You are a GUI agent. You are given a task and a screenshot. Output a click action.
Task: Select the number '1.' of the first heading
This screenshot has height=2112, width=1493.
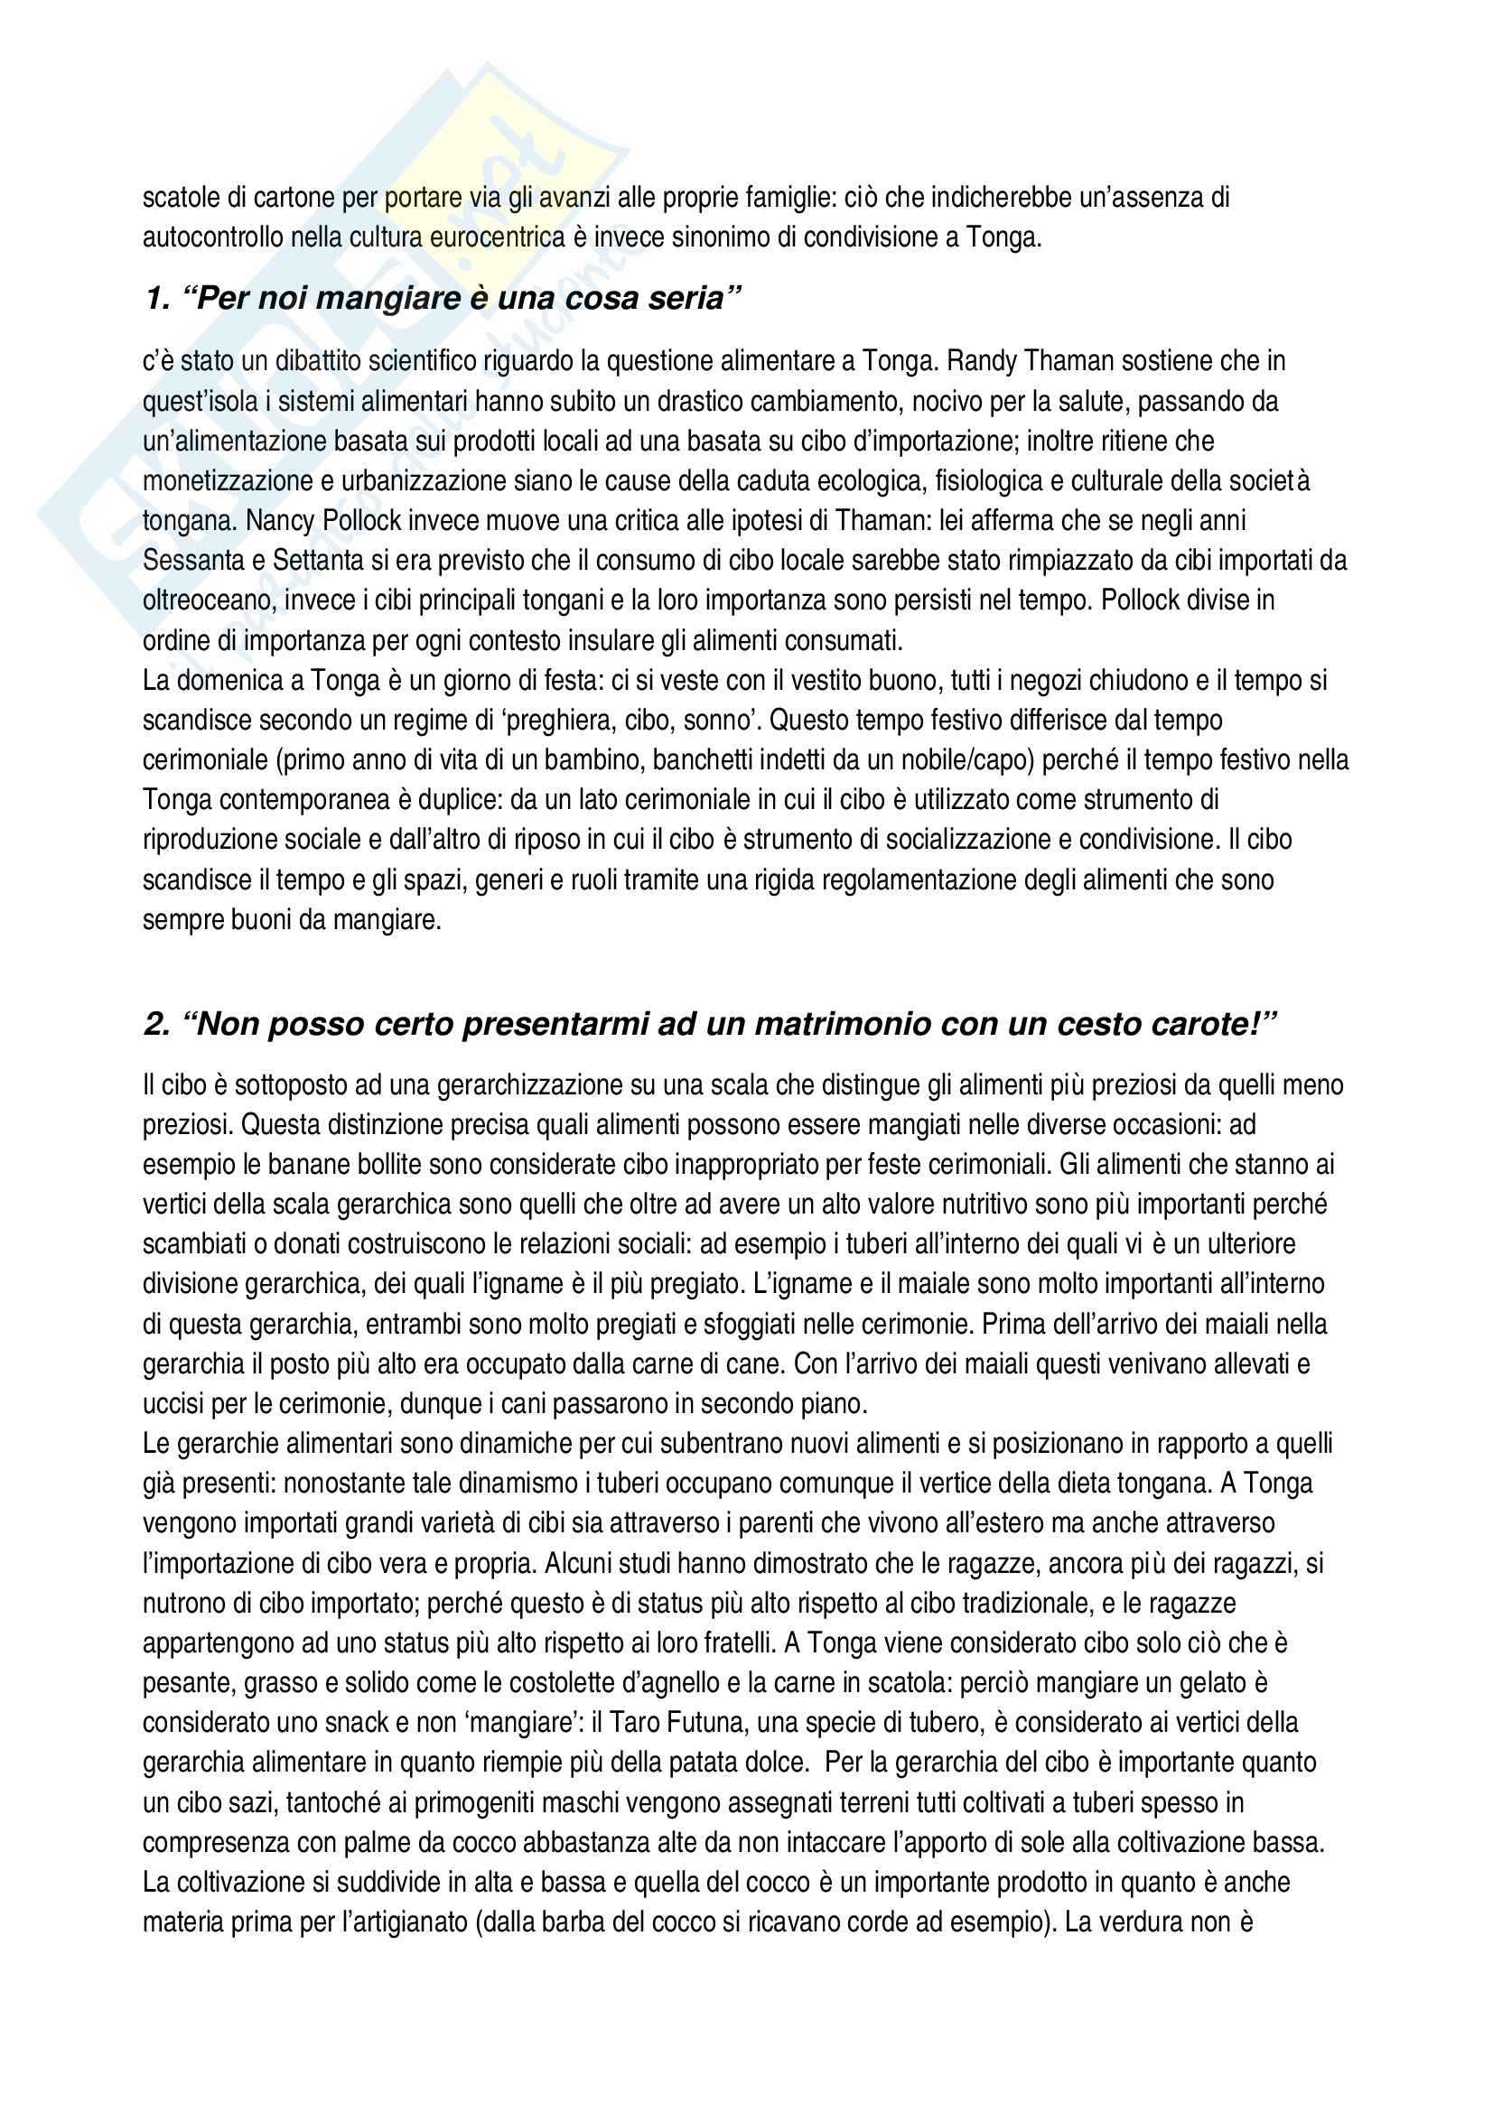click(156, 299)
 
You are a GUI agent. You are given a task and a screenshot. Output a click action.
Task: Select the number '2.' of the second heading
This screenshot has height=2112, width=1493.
click(156, 1024)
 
